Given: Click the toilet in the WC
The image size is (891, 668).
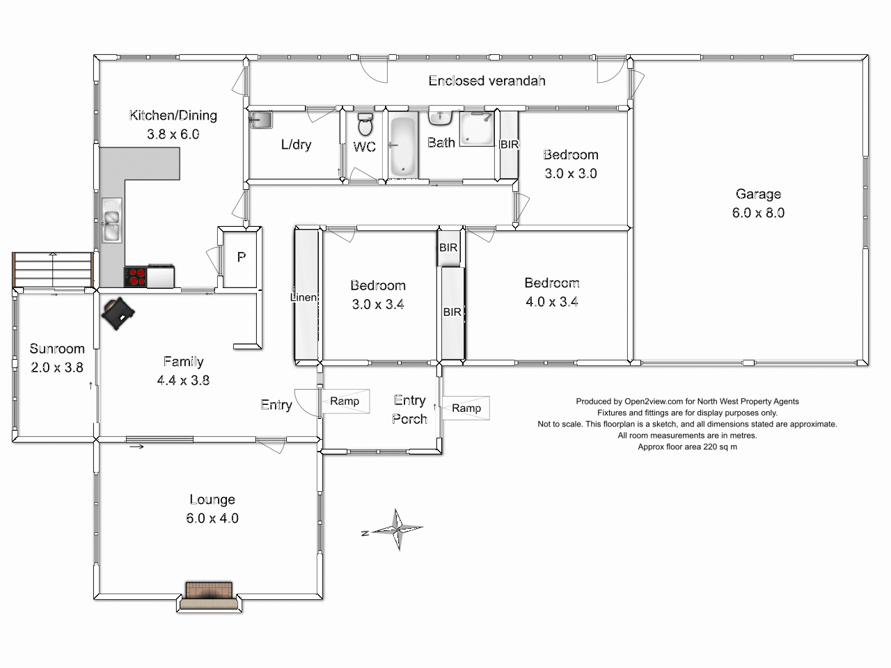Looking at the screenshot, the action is point(365,124).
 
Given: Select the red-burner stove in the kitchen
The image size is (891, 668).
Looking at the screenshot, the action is point(135,277).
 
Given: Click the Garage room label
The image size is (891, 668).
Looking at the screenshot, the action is point(758,194).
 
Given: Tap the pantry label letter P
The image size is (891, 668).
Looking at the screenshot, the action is point(241,257).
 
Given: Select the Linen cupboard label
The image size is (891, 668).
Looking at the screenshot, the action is point(303,297).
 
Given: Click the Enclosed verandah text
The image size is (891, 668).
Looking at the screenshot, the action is point(487,81).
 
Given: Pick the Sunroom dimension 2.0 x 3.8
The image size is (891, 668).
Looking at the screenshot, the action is point(57,367).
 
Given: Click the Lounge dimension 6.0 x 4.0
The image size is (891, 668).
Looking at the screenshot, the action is point(212,518).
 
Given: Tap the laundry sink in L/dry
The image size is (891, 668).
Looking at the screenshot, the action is point(260,120).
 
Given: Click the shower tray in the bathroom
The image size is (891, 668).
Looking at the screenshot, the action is point(477,129).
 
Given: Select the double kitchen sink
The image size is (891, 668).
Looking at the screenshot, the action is point(111,221).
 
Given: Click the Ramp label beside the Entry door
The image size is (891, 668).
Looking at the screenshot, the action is point(345,401).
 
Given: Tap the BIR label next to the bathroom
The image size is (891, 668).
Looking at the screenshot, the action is point(510,145).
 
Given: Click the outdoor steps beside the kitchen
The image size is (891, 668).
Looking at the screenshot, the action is point(53,270).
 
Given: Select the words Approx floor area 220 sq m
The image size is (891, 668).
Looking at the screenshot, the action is point(687,447).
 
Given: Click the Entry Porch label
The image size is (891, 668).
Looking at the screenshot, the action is point(409,409).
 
